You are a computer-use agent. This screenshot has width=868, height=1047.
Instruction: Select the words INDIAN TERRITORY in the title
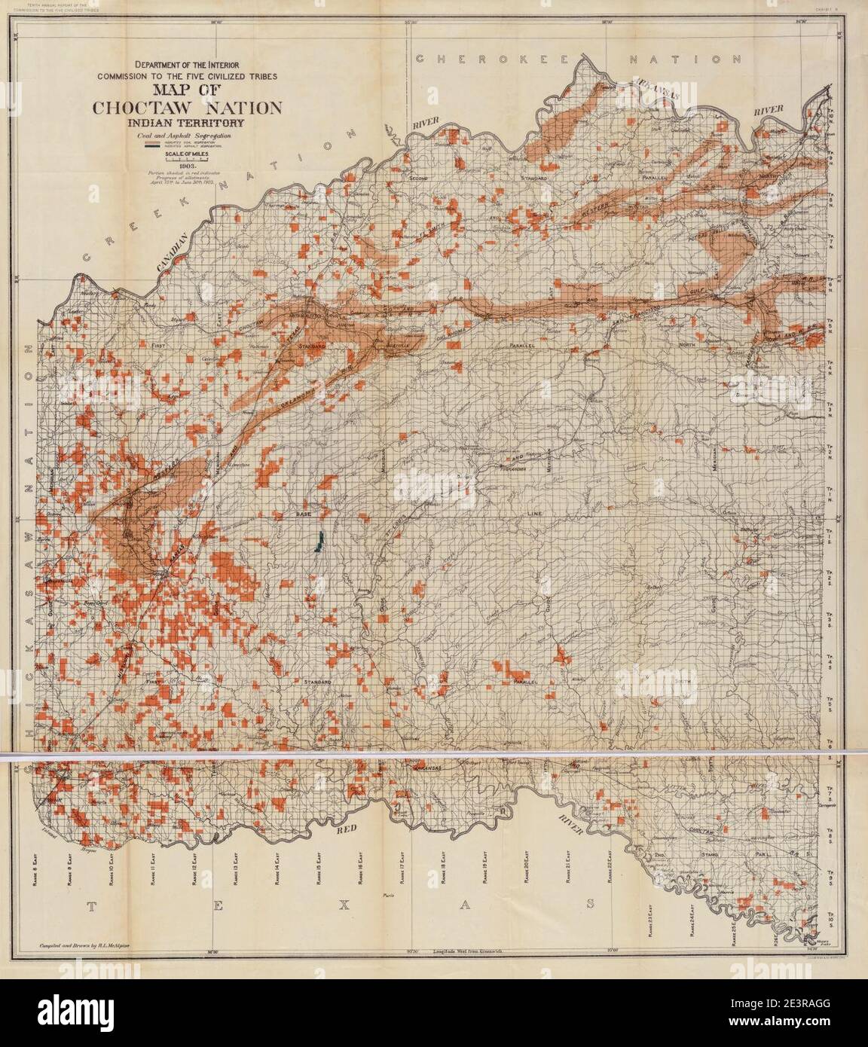pyautogui.click(x=188, y=122)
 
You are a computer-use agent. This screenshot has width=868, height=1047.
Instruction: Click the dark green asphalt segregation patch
pyautogui.click(x=319, y=542)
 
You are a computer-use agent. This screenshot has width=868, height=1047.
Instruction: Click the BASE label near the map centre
pyautogui.click(x=304, y=514)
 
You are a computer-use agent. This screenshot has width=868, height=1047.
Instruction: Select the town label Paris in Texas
pyautogui.click(x=389, y=896)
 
